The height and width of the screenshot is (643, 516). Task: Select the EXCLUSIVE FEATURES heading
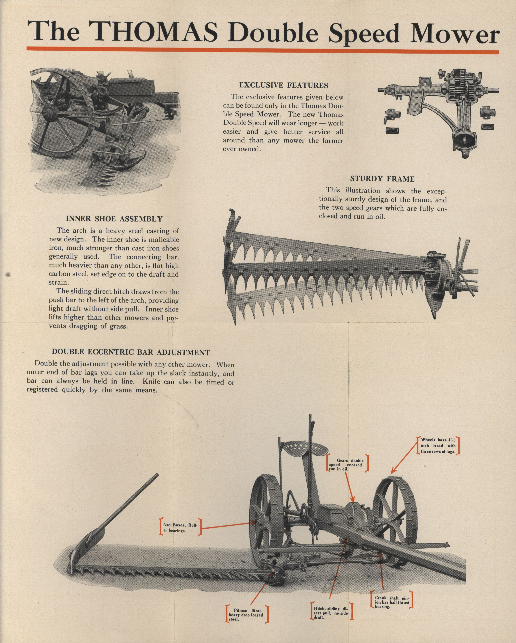pos(283,85)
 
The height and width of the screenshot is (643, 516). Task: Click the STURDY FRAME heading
pos(382,179)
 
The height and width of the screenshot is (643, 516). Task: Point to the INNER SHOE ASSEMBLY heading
pos(114,219)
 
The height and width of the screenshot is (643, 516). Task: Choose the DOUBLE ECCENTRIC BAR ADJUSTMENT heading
pos(131,352)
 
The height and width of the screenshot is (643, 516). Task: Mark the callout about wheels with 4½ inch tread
pos(438,446)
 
